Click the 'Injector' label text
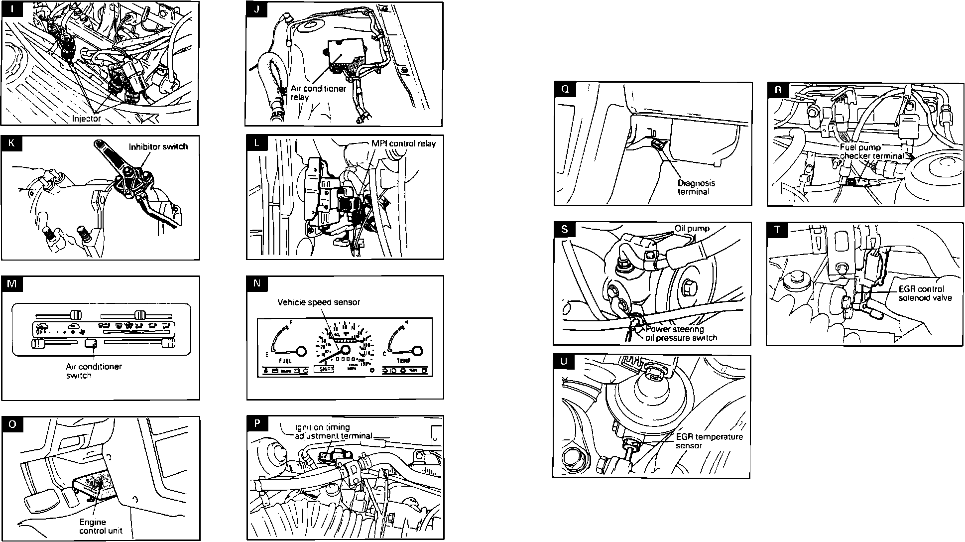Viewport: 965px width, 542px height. pyautogui.click(x=87, y=119)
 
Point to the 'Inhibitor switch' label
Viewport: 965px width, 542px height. pyautogui.click(x=158, y=146)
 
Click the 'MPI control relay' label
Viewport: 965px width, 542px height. pyautogui.click(x=403, y=144)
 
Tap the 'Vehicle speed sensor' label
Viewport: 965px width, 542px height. pyautogui.click(x=319, y=302)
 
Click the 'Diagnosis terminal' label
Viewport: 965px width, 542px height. pyautogui.click(x=696, y=187)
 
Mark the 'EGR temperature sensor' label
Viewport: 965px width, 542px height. pyautogui.click(x=709, y=441)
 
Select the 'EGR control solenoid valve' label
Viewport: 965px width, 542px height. pyautogui.click(x=925, y=293)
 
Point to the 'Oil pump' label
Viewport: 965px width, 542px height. pyautogui.click(x=692, y=229)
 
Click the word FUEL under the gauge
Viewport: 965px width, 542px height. pyautogui.click(x=286, y=360)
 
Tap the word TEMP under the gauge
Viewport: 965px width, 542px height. pyautogui.click(x=403, y=360)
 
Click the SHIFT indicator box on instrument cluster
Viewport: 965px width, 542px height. pyautogui.click(x=324, y=370)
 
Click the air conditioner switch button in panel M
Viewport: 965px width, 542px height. pyautogui.click(x=91, y=343)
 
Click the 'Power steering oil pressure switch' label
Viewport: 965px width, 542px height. pyautogui.click(x=681, y=333)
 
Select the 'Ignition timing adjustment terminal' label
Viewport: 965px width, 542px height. pyautogui.click(x=333, y=431)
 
